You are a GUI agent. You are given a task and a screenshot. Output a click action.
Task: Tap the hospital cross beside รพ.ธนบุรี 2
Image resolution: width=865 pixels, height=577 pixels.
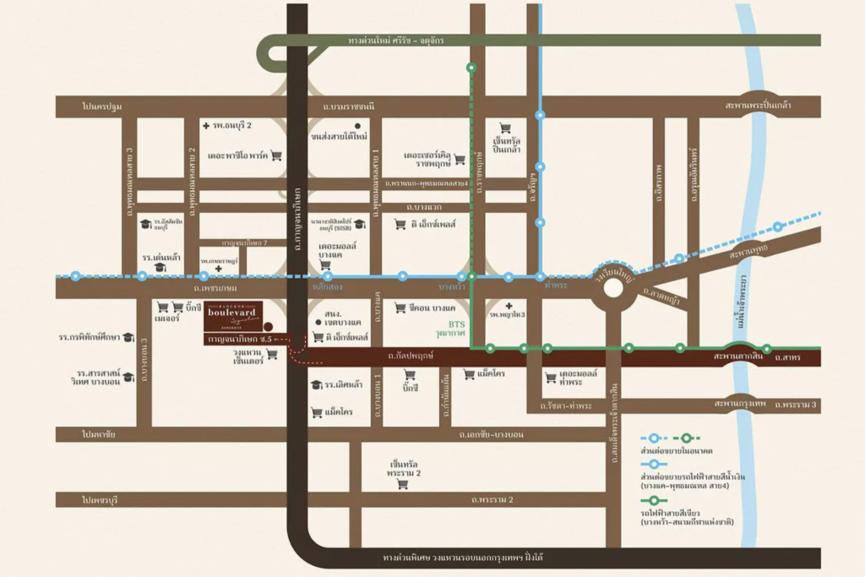pyautogui.click(x=206, y=125)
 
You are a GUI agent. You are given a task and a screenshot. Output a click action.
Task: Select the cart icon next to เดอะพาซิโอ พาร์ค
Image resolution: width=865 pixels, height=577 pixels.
pyautogui.click(x=275, y=155)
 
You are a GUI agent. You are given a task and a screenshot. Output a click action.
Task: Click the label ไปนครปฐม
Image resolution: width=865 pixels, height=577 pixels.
pyautogui.click(x=102, y=106)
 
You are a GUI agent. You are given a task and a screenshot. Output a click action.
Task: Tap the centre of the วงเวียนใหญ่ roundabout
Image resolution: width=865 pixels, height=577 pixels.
pyautogui.click(x=613, y=288)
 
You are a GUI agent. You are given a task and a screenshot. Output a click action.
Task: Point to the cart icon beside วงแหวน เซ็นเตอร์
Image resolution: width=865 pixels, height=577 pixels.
pyautogui.click(x=272, y=354)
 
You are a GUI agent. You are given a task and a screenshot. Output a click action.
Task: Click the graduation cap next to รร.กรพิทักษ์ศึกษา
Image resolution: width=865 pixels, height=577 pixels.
pyautogui.click(x=128, y=337)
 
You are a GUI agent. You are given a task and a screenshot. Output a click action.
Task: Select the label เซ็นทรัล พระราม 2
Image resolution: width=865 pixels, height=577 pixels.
pyautogui.click(x=405, y=470)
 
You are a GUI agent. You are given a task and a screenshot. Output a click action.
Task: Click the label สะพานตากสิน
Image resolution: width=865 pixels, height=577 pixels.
pyautogui.click(x=738, y=357)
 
